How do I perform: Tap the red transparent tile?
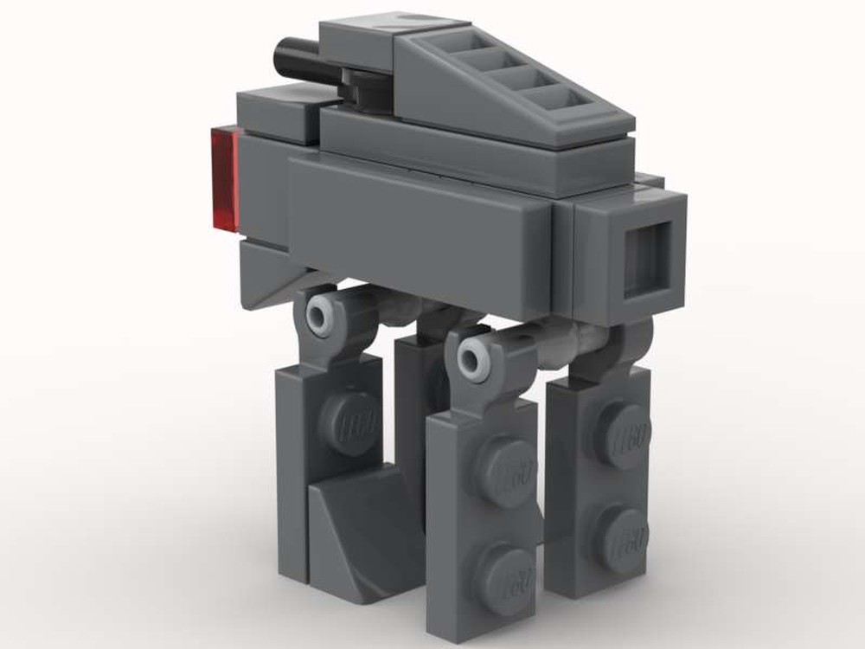click(223, 180)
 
